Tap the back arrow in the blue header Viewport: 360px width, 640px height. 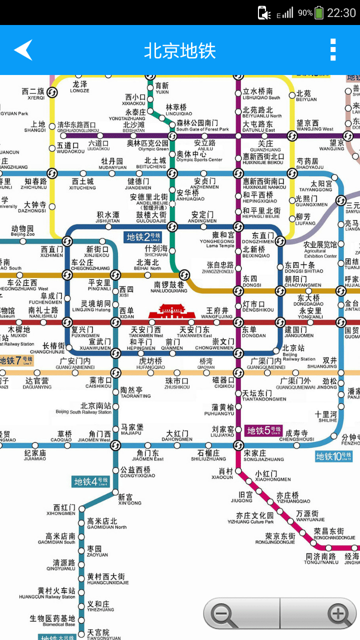coord(23,50)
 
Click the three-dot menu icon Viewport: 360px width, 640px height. coord(333,50)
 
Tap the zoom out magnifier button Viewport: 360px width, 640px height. coord(223,614)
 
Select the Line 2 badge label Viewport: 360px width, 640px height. coord(143,237)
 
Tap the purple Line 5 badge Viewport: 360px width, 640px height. coord(264,430)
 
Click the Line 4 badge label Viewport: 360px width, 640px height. coord(90,481)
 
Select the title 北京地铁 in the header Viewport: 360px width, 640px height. coord(179,50)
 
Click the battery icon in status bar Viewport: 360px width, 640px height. coord(319,13)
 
